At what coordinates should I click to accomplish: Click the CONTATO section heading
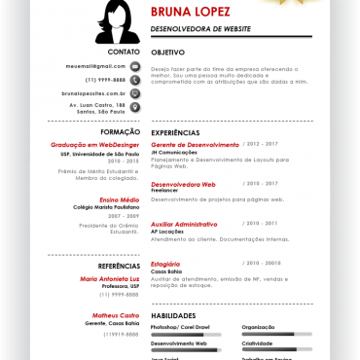pyautogui.click(x=124, y=51)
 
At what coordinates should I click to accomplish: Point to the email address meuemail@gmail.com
pyautogui.click(x=96, y=66)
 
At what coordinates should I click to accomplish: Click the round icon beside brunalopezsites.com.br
pyautogui.click(x=134, y=93)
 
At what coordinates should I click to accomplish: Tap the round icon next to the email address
pyautogui.click(x=134, y=66)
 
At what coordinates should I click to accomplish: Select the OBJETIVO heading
pyautogui.click(x=168, y=52)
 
